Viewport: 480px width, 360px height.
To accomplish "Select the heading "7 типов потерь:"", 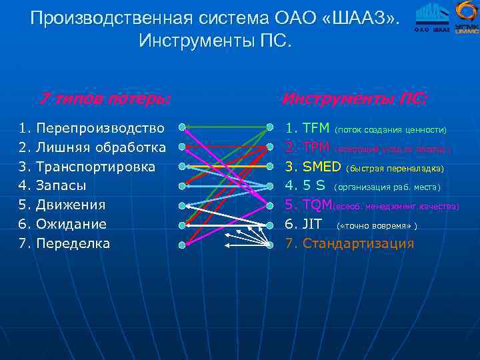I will tap(104, 99).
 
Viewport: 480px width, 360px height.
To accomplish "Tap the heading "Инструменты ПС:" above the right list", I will tap(354, 99).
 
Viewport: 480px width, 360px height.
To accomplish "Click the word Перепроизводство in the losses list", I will tap(100, 127).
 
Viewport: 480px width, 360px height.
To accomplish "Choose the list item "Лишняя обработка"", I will tap(101, 146).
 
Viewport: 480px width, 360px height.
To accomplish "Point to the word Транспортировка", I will tap(95, 166).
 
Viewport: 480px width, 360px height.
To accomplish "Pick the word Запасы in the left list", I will tap(61, 185).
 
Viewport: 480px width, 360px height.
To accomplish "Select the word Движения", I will tap(71, 205).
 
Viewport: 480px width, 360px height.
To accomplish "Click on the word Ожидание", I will tap(71, 224).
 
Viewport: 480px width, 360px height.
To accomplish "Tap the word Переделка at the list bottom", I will tap(73, 243).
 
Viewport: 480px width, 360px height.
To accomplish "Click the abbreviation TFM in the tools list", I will tap(316, 127).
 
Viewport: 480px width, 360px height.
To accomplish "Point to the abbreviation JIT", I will tap(312, 224).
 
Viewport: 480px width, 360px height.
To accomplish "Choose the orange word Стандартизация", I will tap(358, 243).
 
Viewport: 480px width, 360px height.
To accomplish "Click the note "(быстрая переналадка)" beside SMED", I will tap(395, 167).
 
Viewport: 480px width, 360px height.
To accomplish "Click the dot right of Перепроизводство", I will tap(181, 125).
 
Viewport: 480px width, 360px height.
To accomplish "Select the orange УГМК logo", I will tap(466, 17).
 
